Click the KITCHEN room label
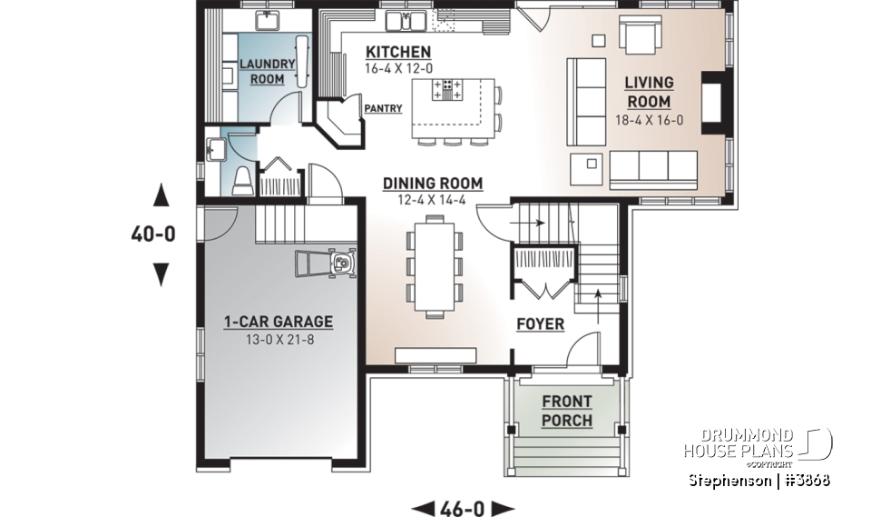pyautogui.click(x=398, y=52)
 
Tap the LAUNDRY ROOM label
pyautogui.click(x=267, y=71)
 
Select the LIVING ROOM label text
pyautogui.click(x=648, y=92)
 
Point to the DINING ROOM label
pyautogui.click(x=432, y=183)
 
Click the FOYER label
pyautogui.click(x=540, y=323)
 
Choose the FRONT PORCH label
pyautogui.click(x=567, y=411)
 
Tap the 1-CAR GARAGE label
pyautogui.click(x=279, y=322)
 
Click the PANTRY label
pyautogui.click(x=382, y=108)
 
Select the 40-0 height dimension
pyautogui.click(x=152, y=234)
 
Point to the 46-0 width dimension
pyautogui.click(x=463, y=508)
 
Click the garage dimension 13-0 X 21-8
pyautogui.click(x=279, y=340)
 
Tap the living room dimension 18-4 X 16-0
pyautogui.click(x=648, y=119)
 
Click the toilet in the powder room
pyautogui.click(x=242, y=181)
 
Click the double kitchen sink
pyautogui.click(x=402, y=19)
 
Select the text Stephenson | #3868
pyautogui.click(x=758, y=479)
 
